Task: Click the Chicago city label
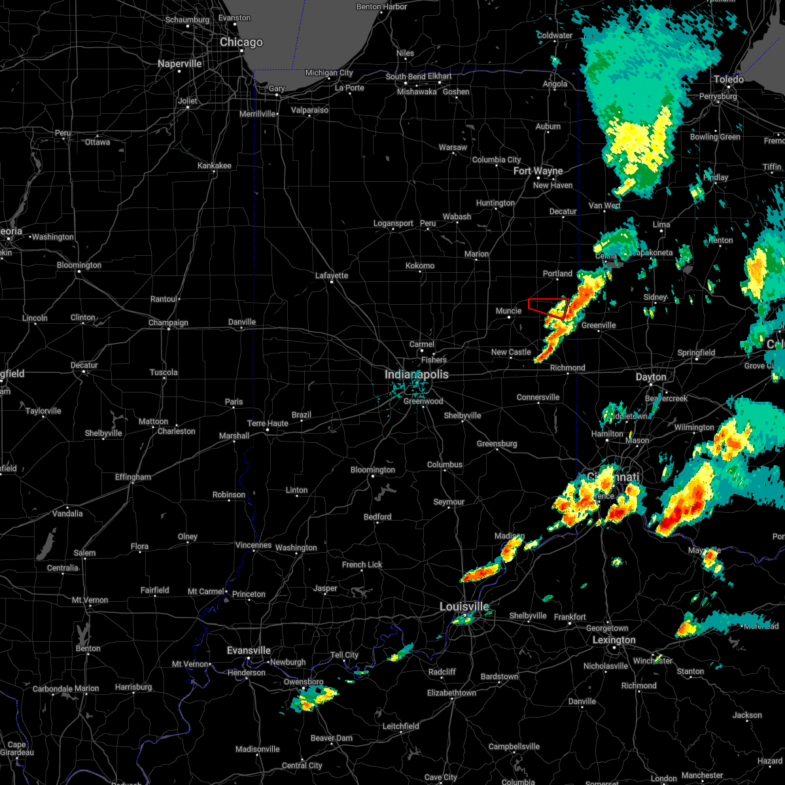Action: pos(241,43)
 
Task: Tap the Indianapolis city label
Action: pos(417,375)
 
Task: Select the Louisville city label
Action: pos(464,607)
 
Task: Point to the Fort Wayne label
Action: pos(538,171)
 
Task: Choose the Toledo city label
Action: pos(729,79)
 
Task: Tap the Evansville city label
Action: pos(249,650)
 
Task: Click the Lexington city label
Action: pos(614,640)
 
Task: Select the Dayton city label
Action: pos(651,377)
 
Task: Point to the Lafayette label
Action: pos(332,275)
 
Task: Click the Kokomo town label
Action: pos(420,266)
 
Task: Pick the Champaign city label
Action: pos(169,323)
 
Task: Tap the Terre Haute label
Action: pos(268,423)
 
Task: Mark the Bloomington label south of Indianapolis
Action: pos(373,470)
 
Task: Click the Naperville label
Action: pos(180,64)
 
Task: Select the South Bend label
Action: pos(406,77)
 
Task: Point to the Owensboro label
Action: pos(304,682)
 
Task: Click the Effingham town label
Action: pos(133,477)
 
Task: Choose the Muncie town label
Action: pos(508,311)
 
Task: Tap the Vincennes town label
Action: pos(253,545)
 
